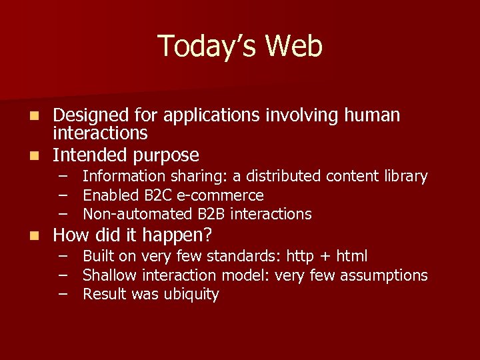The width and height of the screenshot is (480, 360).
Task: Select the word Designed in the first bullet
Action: tap(89, 116)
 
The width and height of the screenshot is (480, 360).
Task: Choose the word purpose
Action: tap(167, 155)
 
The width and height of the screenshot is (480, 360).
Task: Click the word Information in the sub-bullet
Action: tap(124, 177)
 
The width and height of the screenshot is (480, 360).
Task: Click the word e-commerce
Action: tap(219, 196)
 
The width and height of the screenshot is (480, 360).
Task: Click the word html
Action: tap(351, 257)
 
